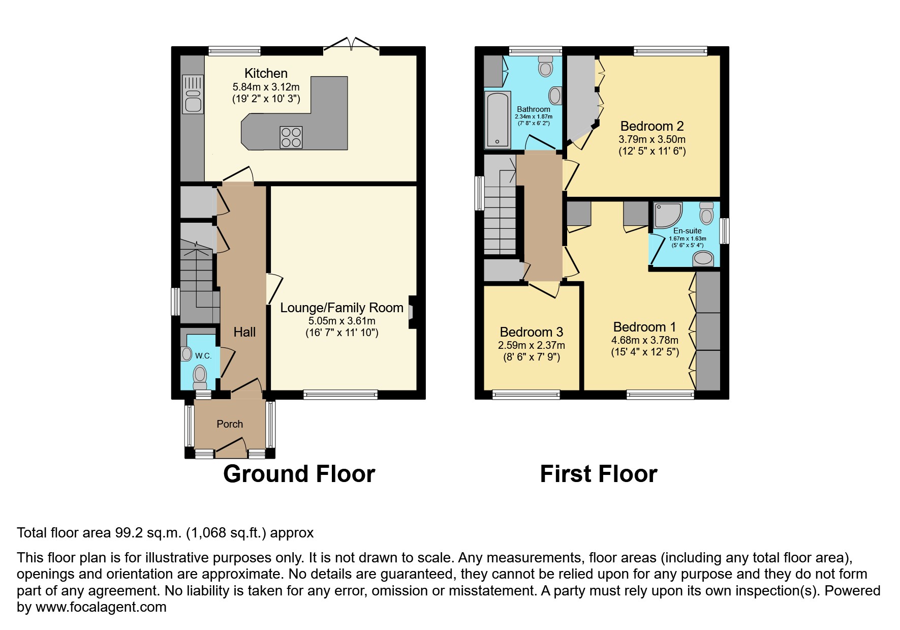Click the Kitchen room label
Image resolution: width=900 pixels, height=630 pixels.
pyautogui.click(x=266, y=73)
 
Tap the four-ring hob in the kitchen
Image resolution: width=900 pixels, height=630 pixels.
pyautogui.click(x=291, y=137)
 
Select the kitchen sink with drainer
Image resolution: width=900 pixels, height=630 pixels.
pyautogui.click(x=193, y=94)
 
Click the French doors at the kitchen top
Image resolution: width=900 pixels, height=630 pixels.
pyautogui.click(x=351, y=47)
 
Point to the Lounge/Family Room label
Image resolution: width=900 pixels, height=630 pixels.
pyautogui.click(x=342, y=308)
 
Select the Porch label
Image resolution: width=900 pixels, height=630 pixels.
pyautogui.click(x=230, y=424)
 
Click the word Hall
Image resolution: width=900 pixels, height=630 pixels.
pyautogui.click(x=244, y=332)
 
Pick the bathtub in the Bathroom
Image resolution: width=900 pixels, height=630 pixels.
pyautogui.click(x=498, y=119)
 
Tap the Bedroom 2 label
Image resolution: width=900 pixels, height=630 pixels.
pyautogui.click(x=652, y=126)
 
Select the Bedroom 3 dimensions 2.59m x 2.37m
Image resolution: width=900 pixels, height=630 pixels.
pyautogui.click(x=531, y=345)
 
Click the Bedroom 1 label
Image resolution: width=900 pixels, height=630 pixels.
pyautogui.click(x=639, y=327)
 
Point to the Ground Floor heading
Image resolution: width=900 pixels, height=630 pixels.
pyautogui.click(x=299, y=474)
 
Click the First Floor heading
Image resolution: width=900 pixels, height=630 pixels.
pyautogui.click(x=599, y=474)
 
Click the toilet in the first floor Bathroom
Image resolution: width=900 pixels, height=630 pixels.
pyautogui.click(x=546, y=67)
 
